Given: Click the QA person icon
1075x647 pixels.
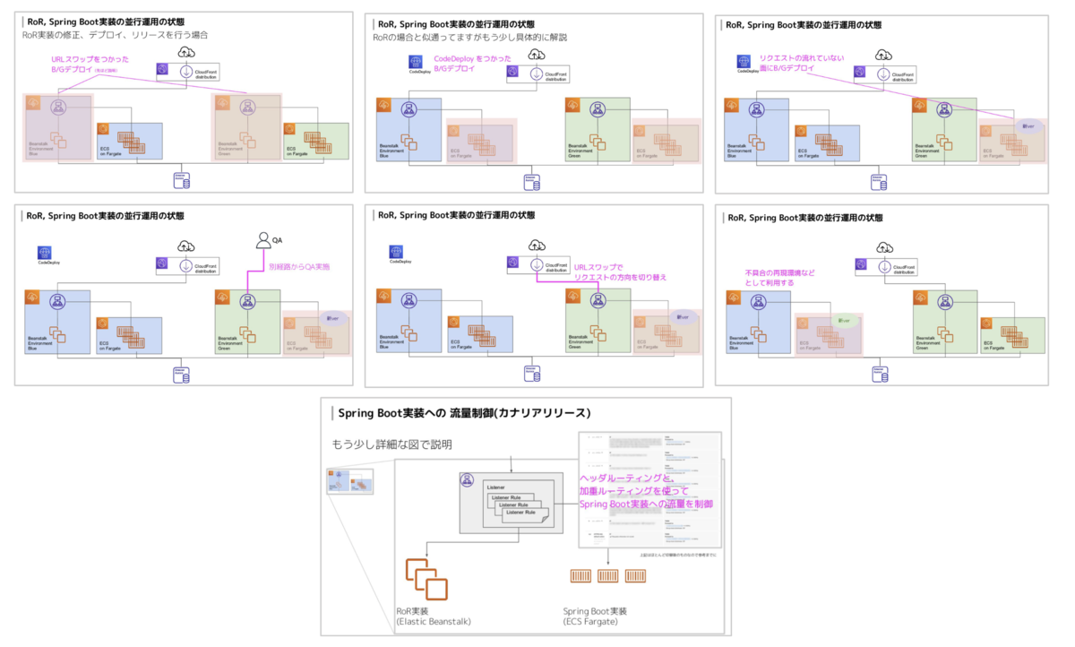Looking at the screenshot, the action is click(x=263, y=239).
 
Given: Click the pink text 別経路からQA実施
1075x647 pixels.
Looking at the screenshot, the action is click(x=301, y=266).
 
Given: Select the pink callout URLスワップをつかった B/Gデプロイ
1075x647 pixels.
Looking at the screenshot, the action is click(x=82, y=65).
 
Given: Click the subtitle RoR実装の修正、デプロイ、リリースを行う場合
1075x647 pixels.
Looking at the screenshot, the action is click(x=116, y=35).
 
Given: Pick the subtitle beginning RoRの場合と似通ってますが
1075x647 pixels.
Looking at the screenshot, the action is click(x=471, y=37).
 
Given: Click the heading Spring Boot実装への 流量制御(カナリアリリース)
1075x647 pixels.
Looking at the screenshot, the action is click(x=464, y=413).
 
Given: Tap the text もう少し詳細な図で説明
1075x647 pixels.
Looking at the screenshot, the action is click(x=392, y=444).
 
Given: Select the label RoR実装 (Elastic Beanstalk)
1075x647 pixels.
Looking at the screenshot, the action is click(x=434, y=616).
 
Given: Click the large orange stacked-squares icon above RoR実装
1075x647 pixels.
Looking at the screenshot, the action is click(x=426, y=579).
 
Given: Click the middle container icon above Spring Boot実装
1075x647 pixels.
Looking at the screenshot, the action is click(x=609, y=575).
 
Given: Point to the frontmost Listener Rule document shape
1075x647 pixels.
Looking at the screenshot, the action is click(x=523, y=514).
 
